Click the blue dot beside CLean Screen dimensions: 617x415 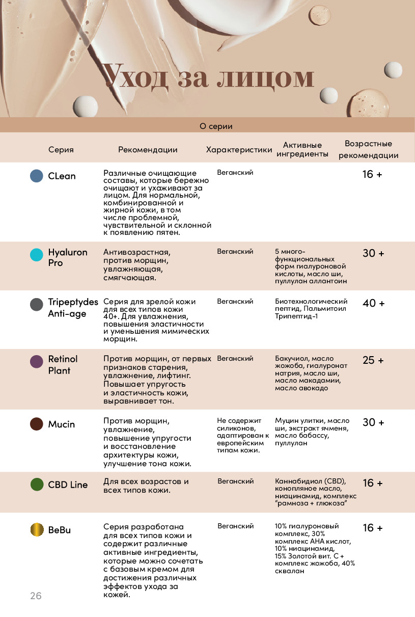click(37, 176)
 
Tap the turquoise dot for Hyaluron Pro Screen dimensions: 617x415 click(37, 255)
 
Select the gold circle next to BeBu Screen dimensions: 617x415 click(37, 529)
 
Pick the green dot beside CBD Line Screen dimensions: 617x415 click(37, 485)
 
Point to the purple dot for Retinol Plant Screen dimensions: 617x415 click(37, 362)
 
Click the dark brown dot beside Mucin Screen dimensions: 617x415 click(37, 424)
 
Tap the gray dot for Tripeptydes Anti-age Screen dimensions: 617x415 click(37, 305)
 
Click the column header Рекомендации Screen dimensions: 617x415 click(148, 150)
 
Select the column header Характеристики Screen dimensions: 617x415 click(239, 150)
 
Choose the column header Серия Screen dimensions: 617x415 click(61, 150)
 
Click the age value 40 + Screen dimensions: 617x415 click(373, 303)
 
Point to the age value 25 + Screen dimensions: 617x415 click(373, 360)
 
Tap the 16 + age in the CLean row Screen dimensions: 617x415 click(372, 174)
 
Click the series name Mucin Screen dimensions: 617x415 click(62, 424)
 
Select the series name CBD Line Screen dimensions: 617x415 click(68, 485)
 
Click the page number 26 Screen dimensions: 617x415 click(36, 596)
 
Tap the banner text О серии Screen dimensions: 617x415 click(216, 126)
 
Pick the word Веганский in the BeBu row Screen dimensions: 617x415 click(236, 526)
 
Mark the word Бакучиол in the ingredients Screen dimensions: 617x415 click(292, 359)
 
